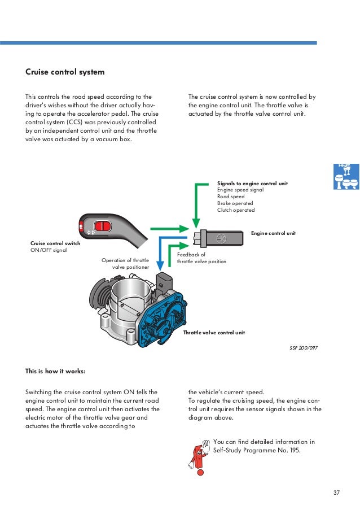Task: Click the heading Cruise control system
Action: (65, 72)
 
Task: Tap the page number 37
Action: (336, 493)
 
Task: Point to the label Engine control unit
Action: (273, 233)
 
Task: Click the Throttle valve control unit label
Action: (214, 333)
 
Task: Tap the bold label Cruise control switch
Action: (55, 243)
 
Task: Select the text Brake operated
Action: (235, 203)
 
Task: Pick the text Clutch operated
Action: (236, 210)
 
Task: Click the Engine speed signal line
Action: (240, 190)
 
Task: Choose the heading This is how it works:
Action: (55, 371)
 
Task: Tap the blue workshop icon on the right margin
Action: (345, 177)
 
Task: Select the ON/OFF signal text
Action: (48, 250)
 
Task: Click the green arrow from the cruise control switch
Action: (166, 229)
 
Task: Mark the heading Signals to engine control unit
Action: (252, 184)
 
